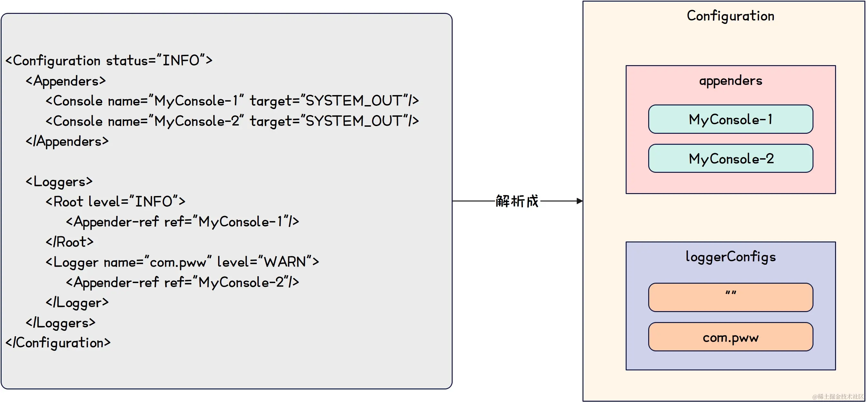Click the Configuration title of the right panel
click(x=730, y=16)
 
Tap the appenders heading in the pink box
click(x=730, y=81)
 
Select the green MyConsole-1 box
click(x=730, y=119)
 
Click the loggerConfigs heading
click(x=730, y=257)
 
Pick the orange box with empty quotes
click(x=730, y=297)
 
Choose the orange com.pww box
click(x=730, y=337)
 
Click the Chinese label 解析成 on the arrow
click(x=517, y=201)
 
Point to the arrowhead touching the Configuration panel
click(x=580, y=201)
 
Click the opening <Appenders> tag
click(x=66, y=81)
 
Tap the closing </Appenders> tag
click(x=67, y=142)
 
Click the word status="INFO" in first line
click(x=159, y=61)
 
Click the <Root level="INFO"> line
click(x=115, y=202)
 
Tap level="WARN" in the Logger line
click(x=268, y=262)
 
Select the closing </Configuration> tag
click(x=58, y=343)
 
